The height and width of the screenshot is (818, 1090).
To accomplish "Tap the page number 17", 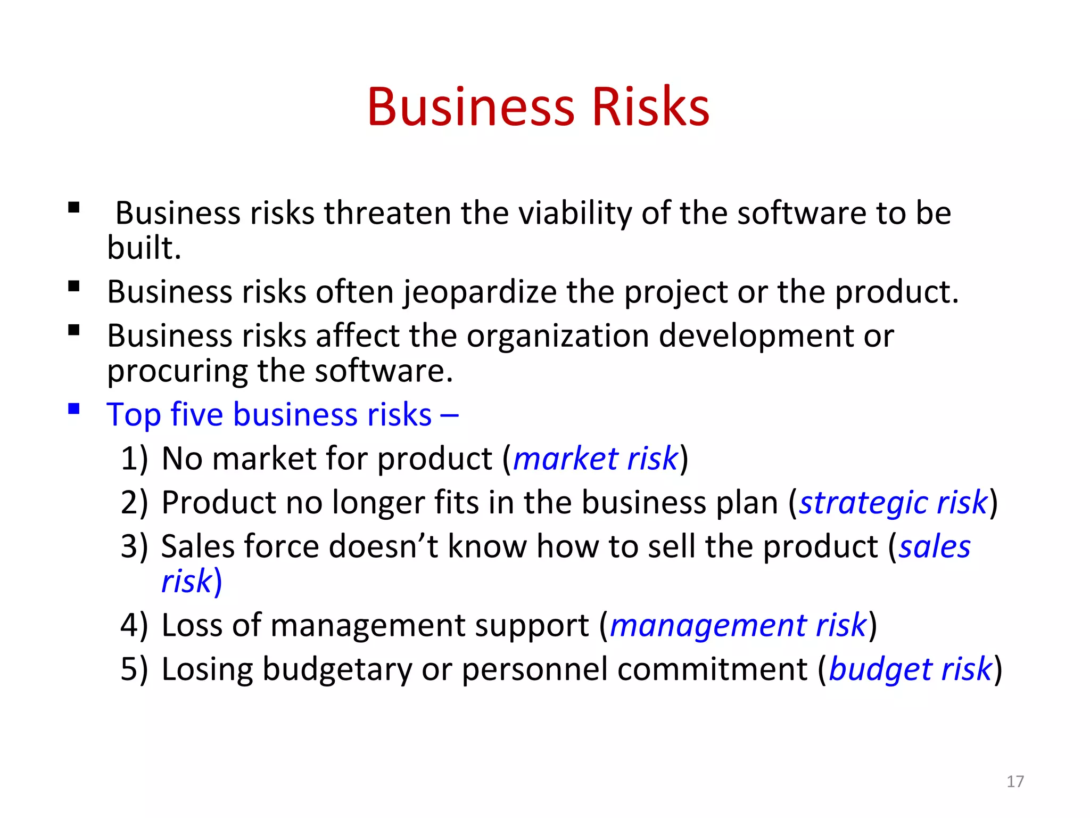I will [x=1015, y=781].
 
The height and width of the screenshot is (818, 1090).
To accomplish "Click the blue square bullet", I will [x=74, y=409].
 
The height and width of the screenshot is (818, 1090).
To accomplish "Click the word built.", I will [x=144, y=248].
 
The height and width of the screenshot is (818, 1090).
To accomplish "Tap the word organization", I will [x=558, y=336].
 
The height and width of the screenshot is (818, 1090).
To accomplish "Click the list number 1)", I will [x=134, y=459].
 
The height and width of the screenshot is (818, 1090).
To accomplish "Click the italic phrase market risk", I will [x=595, y=459].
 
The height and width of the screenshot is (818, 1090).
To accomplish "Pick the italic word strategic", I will [x=863, y=503].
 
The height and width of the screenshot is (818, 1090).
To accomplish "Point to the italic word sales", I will [x=935, y=547].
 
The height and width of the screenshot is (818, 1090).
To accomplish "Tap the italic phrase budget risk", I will [x=910, y=669].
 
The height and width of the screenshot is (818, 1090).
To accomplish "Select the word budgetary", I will [x=337, y=669].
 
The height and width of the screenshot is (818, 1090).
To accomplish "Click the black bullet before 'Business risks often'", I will [x=74, y=287].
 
